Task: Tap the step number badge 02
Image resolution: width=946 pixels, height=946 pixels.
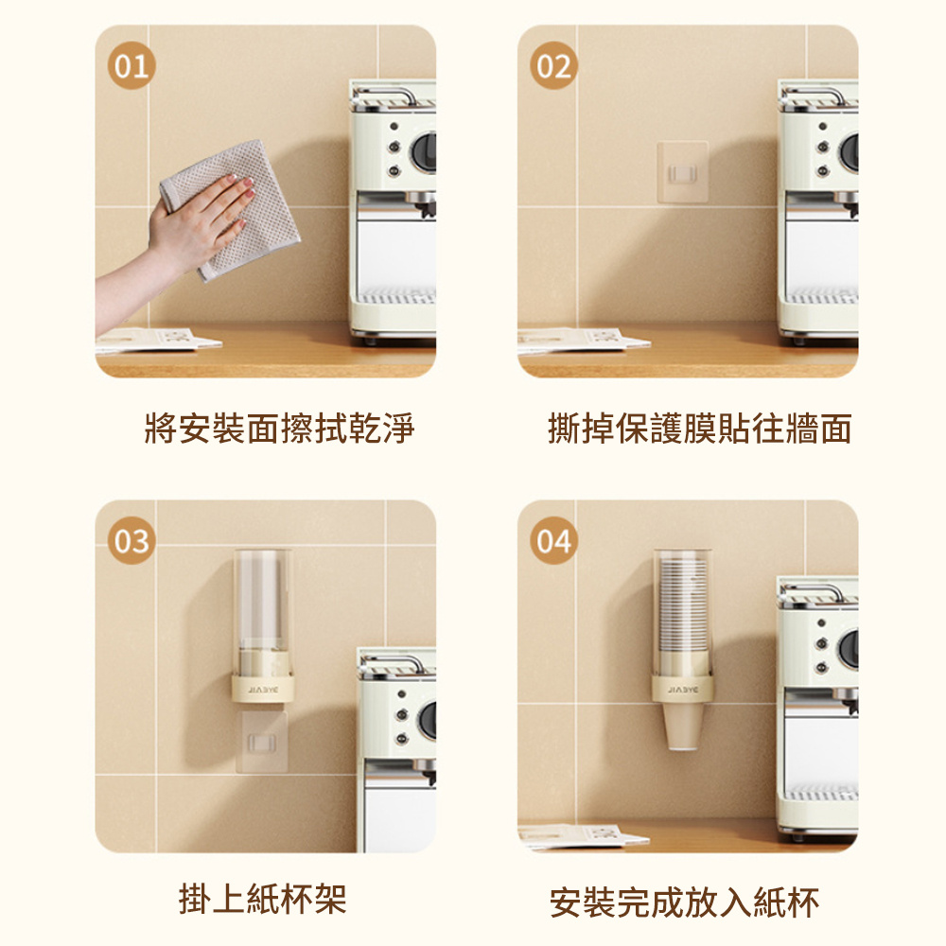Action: [552, 67]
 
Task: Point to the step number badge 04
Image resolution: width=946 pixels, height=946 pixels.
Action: [552, 541]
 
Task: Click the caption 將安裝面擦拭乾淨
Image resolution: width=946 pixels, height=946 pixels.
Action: [279, 429]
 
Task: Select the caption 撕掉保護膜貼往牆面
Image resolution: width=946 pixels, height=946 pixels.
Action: [700, 429]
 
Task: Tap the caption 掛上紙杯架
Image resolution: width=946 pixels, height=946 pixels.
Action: [263, 899]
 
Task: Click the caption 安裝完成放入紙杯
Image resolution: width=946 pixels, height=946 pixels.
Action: [685, 902]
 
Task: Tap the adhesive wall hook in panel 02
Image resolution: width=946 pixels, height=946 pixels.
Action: [682, 171]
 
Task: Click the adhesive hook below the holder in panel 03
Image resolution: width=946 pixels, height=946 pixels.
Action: [261, 740]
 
